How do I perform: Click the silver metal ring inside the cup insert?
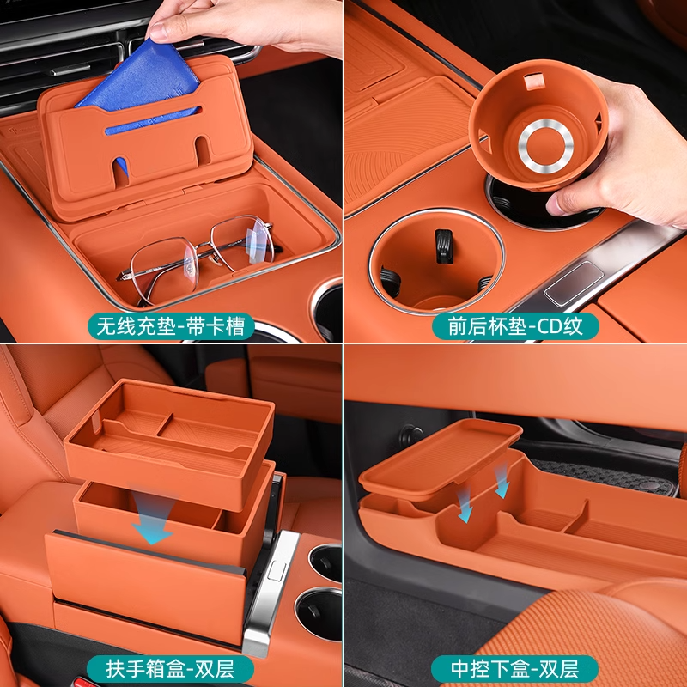(x=545, y=145)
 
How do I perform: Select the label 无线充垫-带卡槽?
(x=170, y=326)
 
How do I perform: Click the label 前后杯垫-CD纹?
(x=515, y=326)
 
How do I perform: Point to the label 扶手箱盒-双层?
(x=170, y=669)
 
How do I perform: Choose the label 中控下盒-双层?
(x=515, y=669)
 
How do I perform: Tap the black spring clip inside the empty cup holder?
(x=444, y=246)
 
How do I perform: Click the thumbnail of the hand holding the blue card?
(x=171, y=171)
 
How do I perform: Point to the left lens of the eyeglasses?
(x=164, y=270)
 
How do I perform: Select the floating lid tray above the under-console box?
(x=441, y=458)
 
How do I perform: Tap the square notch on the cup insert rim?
(x=534, y=81)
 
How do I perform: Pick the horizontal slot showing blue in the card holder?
(x=154, y=119)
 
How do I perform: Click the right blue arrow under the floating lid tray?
(x=502, y=481)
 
